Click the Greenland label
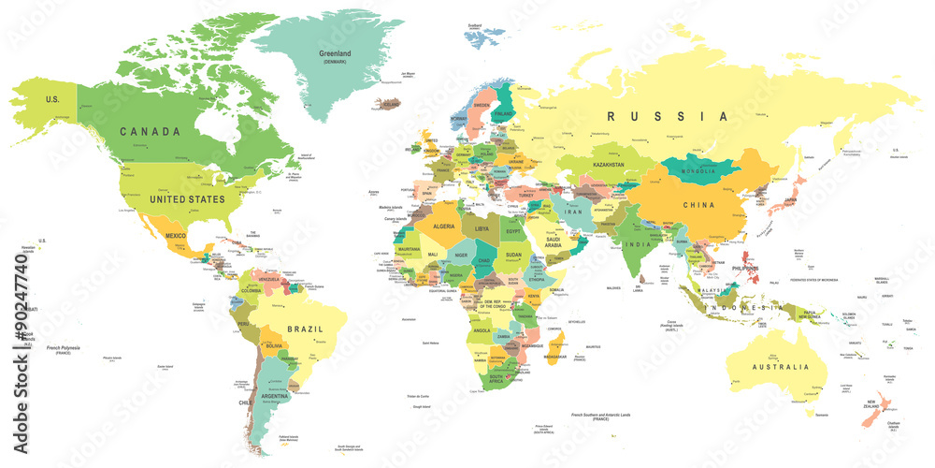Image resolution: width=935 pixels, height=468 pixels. pos(335,55)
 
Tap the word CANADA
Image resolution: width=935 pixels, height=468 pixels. pos(150,132)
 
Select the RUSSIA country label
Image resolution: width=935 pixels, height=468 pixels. pos(668,117)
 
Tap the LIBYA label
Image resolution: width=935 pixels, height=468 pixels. pos(483,228)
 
